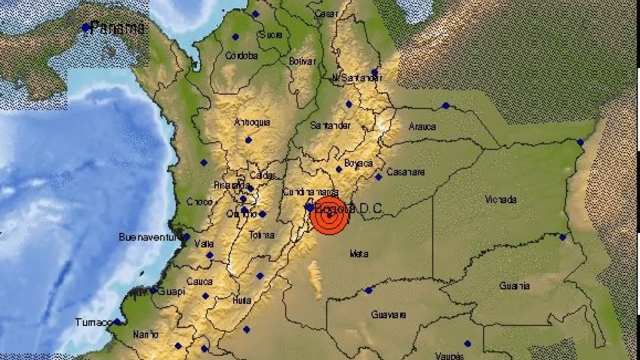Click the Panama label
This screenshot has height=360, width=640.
tap(117, 28)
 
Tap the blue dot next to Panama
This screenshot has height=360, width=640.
tap(86, 28)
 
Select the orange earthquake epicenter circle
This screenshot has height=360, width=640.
tap(330, 216)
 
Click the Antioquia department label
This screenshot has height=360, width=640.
tap(252, 122)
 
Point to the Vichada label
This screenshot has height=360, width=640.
tap(501, 200)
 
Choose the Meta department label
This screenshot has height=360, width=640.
tap(359, 254)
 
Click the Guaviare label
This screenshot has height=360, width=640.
tap(388, 315)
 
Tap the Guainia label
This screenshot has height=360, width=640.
tap(514, 285)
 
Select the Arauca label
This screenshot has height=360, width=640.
tap(422, 126)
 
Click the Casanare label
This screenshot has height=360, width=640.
tap(406, 172)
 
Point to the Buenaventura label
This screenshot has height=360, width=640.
tap(149, 237)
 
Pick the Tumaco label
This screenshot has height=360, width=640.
tap(93, 322)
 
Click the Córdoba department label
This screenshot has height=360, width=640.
tap(242, 55)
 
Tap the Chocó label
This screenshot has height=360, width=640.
tap(200, 202)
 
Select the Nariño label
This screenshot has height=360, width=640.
tap(145, 335)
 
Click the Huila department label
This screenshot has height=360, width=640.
tap(242, 300)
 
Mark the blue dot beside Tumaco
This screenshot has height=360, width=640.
tap(117, 322)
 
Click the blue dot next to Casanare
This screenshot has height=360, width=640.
tap(379, 177)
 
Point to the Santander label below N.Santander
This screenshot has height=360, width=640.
tap(330, 126)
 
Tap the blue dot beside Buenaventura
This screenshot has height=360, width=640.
tap(186, 237)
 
